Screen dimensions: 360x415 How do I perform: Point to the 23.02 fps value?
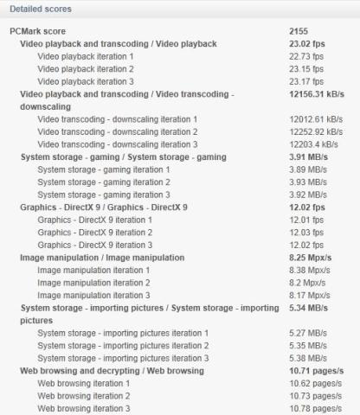coord(306,43)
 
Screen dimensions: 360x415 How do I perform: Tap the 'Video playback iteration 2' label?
coord(86,68)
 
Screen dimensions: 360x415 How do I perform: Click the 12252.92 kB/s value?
coord(317,131)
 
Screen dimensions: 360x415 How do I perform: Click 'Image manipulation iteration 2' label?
coord(94,284)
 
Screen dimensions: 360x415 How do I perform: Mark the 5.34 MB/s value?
coord(308,307)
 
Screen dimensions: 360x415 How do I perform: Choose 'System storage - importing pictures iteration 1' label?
coord(122,333)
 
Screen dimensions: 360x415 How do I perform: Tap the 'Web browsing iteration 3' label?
coord(84,408)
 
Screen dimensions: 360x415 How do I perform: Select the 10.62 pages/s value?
coord(313,383)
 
